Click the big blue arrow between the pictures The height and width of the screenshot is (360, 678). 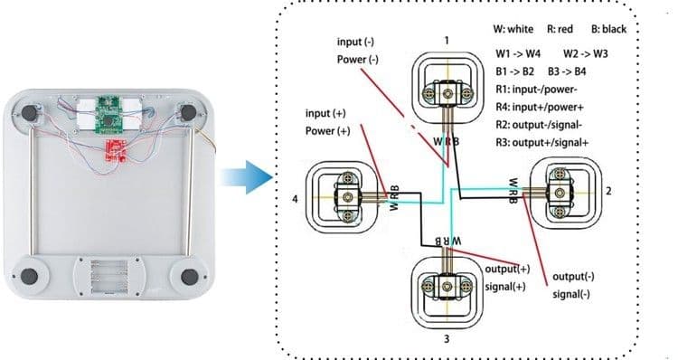pos(248,177)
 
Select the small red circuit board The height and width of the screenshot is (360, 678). pos(116,150)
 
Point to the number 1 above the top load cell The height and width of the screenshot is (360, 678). pos(447,40)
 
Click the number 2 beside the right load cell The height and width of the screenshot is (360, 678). pos(608,191)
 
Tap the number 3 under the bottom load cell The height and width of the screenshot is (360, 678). pos(447,339)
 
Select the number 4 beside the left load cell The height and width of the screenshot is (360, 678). pos(295,199)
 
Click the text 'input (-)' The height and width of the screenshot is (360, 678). pos(355,42)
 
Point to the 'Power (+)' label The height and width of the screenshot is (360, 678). pos(328,130)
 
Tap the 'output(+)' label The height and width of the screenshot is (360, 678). pos(507,269)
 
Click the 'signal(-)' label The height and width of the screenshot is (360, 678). pos(571,294)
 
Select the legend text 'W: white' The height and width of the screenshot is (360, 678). pos(513,29)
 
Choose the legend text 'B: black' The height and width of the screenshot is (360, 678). pos(608,29)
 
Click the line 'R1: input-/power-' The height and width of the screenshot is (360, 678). pos(537,90)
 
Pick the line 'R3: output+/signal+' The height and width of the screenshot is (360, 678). pos(542,142)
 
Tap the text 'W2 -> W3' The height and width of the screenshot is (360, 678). pos(586,53)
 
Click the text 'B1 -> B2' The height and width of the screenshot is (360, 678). pos(515,71)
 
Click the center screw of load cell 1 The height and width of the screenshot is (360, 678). pos(447,92)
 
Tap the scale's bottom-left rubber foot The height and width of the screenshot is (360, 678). pos(29,276)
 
